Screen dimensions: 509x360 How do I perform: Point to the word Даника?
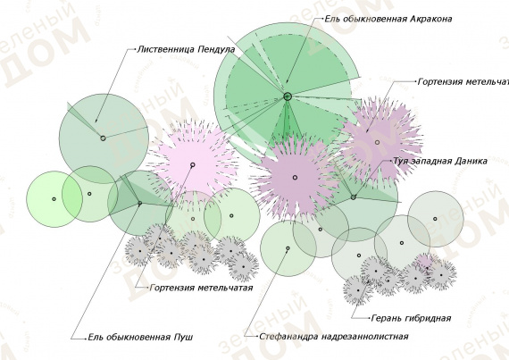pyautogui.click(x=471, y=162)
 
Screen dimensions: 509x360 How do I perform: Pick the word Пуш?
pyautogui.click(x=183, y=338)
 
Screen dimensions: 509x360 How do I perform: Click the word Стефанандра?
pyautogui.click(x=289, y=337)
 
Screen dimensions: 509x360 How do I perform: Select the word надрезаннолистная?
pyautogui.click(x=365, y=337)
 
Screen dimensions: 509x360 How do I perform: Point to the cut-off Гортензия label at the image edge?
pyautogui.click(x=463, y=82)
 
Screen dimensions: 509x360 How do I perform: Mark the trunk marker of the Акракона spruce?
pyautogui.click(x=288, y=96)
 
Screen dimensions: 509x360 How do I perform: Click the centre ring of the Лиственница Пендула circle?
pyautogui.click(x=103, y=138)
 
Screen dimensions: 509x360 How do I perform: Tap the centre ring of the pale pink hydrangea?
pyautogui.click(x=193, y=165)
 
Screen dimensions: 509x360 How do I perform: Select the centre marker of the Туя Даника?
pyautogui.click(x=354, y=197)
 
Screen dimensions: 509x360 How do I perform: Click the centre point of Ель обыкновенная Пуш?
pyautogui.click(x=140, y=204)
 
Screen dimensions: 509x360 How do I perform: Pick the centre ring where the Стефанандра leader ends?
pyautogui.click(x=288, y=248)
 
